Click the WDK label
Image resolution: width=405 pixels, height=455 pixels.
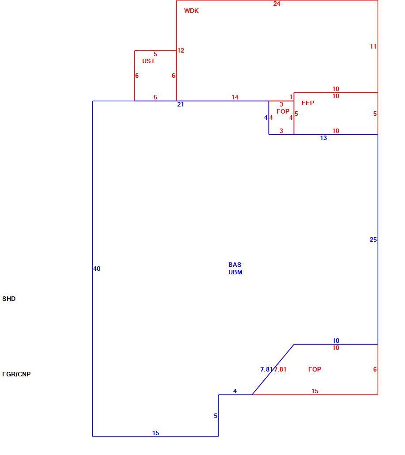point(191,11)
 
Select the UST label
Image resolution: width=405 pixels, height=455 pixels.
point(148,61)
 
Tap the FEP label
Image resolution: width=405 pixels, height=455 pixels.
point(308,103)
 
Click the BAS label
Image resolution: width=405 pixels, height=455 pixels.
point(235,265)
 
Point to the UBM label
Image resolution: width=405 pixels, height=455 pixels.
point(235,272)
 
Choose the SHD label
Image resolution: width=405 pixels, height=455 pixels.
point(9,299)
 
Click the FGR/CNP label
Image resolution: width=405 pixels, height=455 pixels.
point(16,374)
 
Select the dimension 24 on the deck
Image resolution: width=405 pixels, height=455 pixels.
point(277,4)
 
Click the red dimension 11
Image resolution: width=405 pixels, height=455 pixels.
point(373,46)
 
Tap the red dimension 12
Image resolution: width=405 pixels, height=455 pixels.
point(181,50)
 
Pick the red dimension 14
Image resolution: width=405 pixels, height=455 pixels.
point(235,97)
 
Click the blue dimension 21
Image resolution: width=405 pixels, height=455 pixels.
point(181,104)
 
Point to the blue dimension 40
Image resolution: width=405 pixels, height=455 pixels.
point(97,269)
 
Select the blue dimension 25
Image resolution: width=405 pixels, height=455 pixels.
point(373,240)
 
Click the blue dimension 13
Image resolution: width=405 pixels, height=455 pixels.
point(323,138)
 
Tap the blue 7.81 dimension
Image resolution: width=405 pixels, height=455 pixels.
point(266,369)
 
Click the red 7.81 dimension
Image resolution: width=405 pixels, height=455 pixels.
point(280,369)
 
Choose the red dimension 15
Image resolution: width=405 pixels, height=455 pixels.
point(315,391)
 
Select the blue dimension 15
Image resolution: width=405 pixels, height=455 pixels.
point(156,433)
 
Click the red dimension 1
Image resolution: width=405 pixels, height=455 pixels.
point(291,97)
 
